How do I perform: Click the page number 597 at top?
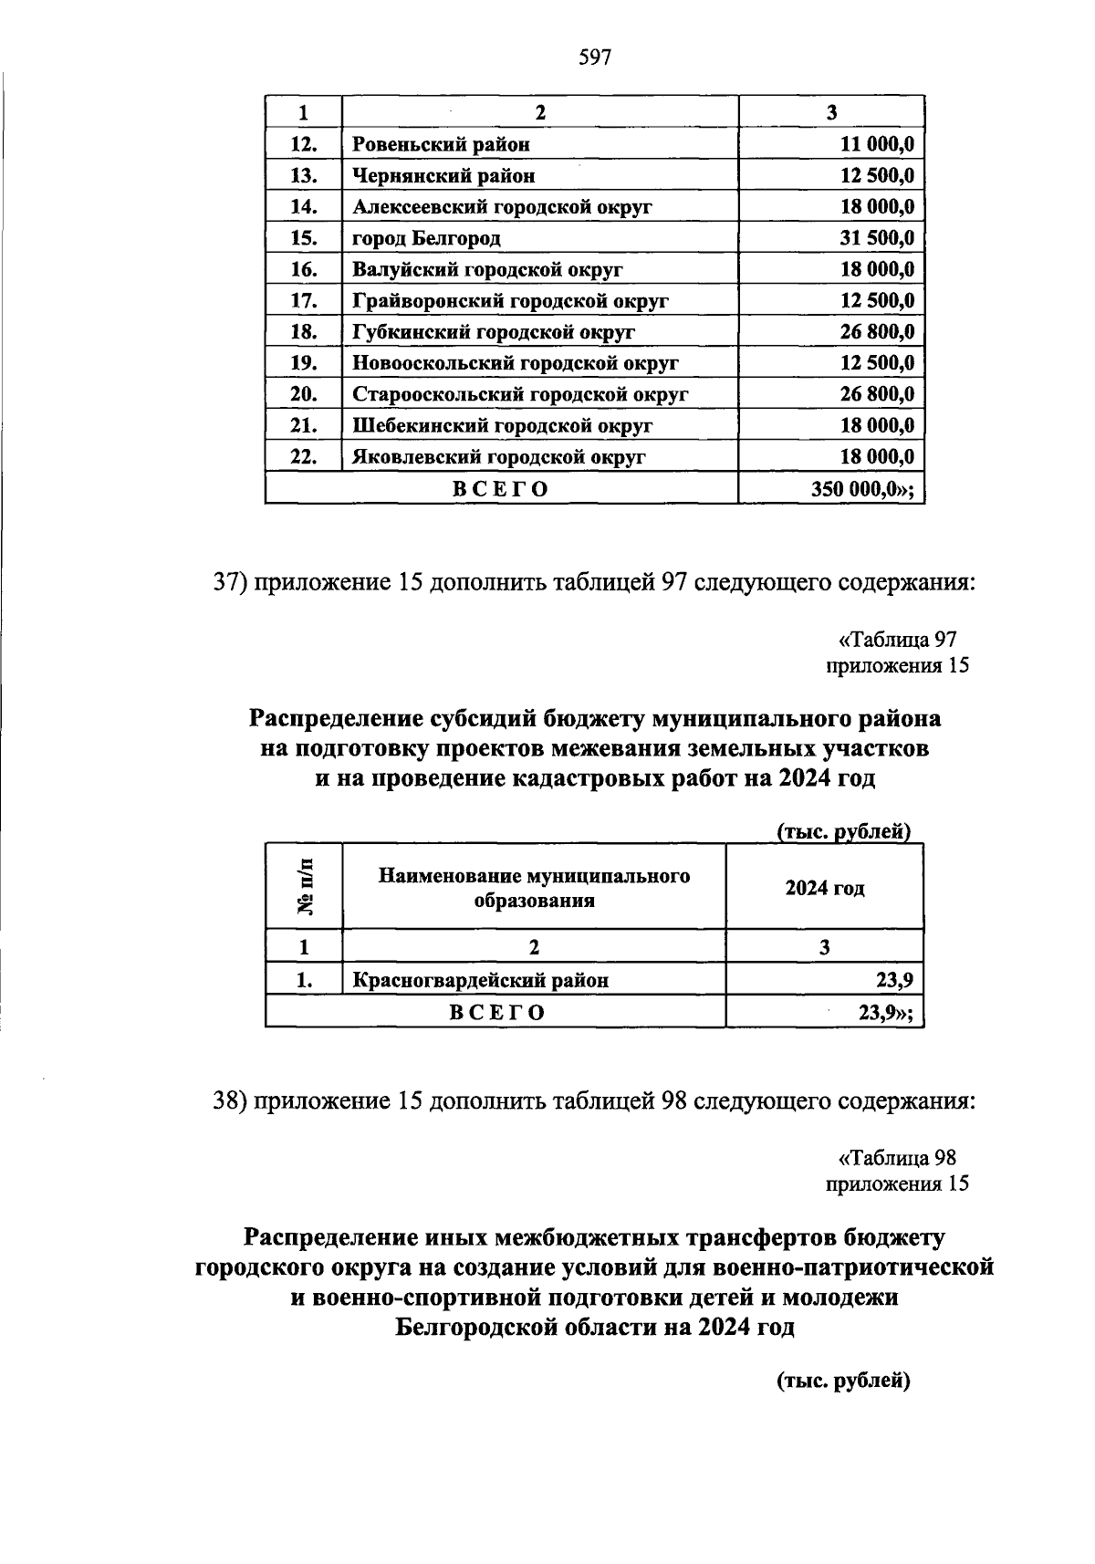(x=594, y=58)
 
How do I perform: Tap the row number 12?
(x=303, y=144)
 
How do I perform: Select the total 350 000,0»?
(x=862, y=489)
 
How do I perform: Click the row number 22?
(x=303, y=457)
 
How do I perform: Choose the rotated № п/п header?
(x=305, y=886)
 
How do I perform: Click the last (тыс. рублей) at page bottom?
(x=844, y=1381)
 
